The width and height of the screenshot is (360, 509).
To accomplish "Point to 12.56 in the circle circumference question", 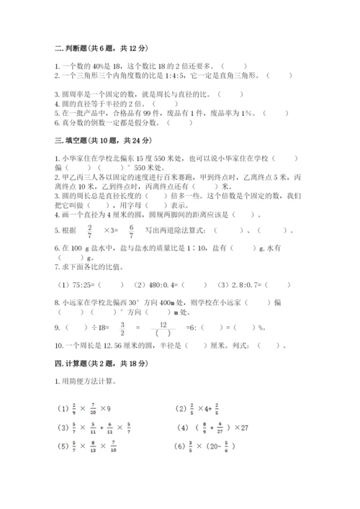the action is point(103,345).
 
